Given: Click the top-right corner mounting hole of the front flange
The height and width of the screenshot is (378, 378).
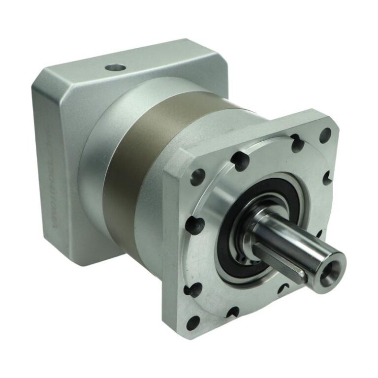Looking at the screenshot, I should [325, 133].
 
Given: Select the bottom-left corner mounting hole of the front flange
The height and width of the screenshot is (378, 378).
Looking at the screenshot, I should [193, 323].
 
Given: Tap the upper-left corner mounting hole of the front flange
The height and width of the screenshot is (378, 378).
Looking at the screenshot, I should [198, 175].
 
